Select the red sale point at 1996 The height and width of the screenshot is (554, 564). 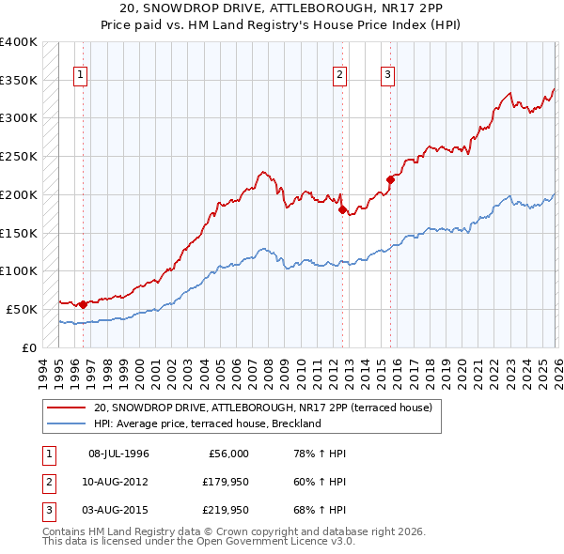pyautogui.click(x=83, y=304)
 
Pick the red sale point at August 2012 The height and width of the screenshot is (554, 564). pyautogui.click(x=342, y=209)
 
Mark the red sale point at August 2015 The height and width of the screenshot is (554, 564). pyautogui.click(x=390, y=178)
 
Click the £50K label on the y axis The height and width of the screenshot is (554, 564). pyautogui.click(x=23, y=309)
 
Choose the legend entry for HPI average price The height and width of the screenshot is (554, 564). pyautogui.click(x=208, y=423)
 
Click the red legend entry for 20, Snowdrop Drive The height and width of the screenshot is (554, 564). pyautogui.click(x=262, y=408)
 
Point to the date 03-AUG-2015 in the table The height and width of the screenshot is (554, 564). pyautogui.click(x=118, y=511)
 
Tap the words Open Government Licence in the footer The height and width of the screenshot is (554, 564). pyautogui.click(x=247, y=541)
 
